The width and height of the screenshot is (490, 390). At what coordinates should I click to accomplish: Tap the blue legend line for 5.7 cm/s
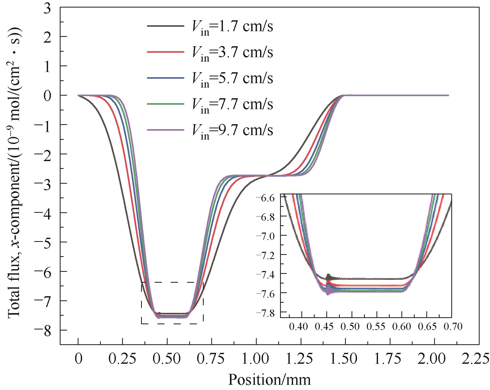[x=165, y=78]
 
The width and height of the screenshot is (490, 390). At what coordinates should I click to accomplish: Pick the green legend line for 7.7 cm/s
[x=165, y=104]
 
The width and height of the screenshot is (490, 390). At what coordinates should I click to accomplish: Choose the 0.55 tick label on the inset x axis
[x=377, y=326]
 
